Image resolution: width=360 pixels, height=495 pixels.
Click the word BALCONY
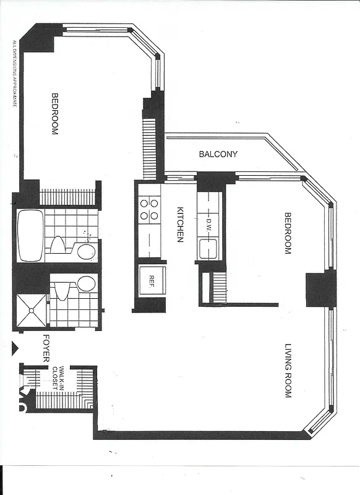(218, 154)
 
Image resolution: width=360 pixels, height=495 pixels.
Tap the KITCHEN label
(180, 223)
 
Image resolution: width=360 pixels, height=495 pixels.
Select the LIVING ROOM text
(288, 369)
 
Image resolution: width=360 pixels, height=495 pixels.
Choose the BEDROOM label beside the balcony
(287, 233)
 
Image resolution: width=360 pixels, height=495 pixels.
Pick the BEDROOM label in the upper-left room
(54, 114)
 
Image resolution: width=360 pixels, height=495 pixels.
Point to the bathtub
(30, 236)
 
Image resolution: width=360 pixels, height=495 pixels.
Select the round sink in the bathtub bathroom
(87, 251)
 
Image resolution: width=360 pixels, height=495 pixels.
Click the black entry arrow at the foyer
(17, 346)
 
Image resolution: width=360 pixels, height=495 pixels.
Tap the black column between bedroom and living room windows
(320, 290)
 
